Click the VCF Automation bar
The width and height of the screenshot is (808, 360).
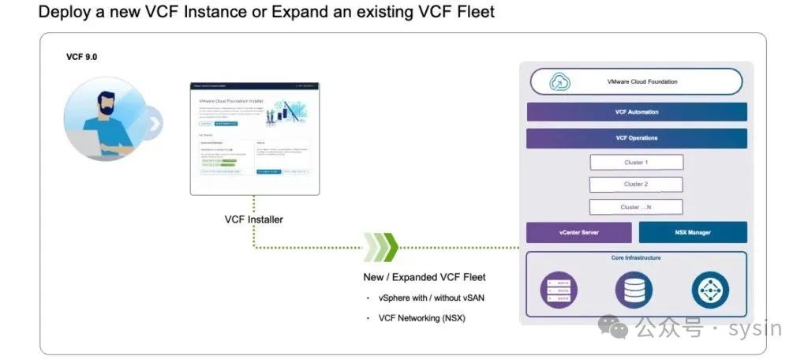tap(636, 112)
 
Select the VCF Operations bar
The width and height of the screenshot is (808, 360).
tap(636, 138)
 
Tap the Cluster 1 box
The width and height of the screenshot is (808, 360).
tap(636, 163)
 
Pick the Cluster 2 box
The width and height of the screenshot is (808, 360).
tap(636, 185)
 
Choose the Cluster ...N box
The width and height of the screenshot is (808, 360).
tap(636, 208)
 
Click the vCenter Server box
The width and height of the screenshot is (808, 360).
tap(578, 233)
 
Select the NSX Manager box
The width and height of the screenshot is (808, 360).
tap(692, 233)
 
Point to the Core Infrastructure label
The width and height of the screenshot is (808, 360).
tap(636, 258)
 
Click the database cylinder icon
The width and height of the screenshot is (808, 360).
tap(634, 290)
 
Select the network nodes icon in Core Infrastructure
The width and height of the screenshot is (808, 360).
tap(710, 290)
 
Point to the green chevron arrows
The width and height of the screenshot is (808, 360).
tap(381, 247)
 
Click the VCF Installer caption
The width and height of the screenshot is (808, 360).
tap(253, 219)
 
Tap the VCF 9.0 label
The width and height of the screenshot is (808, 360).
tap(81, 57)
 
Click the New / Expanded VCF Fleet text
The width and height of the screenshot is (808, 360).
tap(424, 277)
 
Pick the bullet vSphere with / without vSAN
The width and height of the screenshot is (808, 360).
tap(431, 298)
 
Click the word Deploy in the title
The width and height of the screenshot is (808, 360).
tap(62, 13)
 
